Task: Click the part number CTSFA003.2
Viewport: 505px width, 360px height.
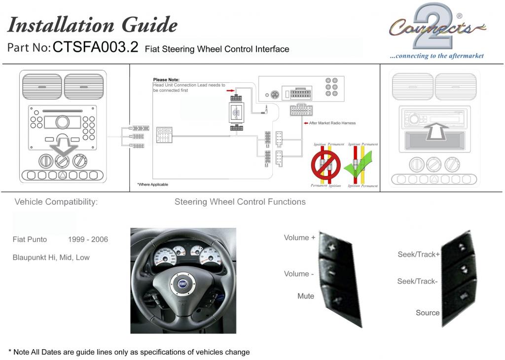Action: [x=95, y=47]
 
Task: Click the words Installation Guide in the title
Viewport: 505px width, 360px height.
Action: [x=93, y=24]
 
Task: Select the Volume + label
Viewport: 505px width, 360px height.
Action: [x=299, y=238]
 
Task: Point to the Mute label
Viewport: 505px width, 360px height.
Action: [x=305, y=296]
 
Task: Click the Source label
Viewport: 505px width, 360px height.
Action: [x=427, y=313]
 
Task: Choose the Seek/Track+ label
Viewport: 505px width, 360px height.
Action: [x=419, y=254]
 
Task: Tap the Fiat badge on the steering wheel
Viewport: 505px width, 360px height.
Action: [x=182, y=284]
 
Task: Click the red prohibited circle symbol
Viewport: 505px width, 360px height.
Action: [x=326, y=165]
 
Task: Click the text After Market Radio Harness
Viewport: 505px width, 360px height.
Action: [x=332, y=123]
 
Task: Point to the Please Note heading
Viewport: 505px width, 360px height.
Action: [x=166, y=79]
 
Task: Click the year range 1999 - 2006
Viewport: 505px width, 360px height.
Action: [x=88, y=240]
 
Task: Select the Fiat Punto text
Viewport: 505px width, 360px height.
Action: [x=30, y=240]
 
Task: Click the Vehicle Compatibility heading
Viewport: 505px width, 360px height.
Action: [x=56, y=202]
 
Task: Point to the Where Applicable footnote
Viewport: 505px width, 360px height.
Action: [x=152, y=184]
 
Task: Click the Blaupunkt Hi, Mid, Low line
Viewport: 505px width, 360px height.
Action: [x=51, y=257]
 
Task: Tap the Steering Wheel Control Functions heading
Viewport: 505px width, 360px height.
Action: [x=240, y=202]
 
